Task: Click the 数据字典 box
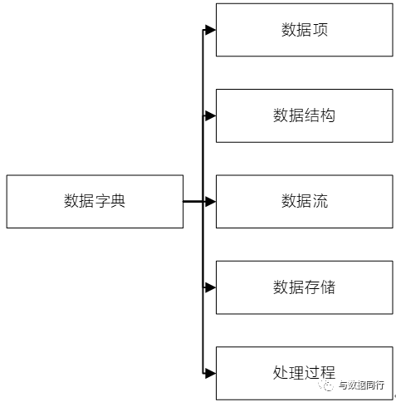(95, 201)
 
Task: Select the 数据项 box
(305, 30)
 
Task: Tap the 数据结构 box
(305, 115)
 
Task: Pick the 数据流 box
(305, 201)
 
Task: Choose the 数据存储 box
(305, 287)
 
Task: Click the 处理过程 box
(305, 373)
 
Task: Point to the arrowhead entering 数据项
(210, 30)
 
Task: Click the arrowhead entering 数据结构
(210, 115)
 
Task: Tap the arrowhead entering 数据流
(210, 201)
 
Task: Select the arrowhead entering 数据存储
(210, 287)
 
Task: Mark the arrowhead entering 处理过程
(210, 373)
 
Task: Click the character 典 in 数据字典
(118, 201)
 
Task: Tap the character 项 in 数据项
(320, 29)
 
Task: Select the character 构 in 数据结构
(328, 115)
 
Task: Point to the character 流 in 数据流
(320, 201)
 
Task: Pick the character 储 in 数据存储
(328, 287)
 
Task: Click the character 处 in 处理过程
(281, 373)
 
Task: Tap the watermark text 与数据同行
(361, 385)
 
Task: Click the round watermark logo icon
(326, 385)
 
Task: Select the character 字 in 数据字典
(102, 201)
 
